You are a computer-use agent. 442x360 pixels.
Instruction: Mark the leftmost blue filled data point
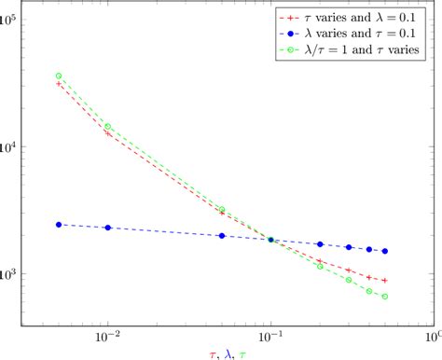coord(59,225)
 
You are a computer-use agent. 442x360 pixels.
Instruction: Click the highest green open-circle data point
coord(59,76)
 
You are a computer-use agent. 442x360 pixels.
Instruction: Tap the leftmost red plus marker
coord(59,84)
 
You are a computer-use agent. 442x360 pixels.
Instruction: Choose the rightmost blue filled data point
coord(385,251)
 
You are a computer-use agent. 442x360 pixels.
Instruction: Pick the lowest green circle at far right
coord(385,297)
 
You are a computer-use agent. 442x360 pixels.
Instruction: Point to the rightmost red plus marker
coord(385,281)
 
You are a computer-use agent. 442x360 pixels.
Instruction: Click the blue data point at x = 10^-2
coord(108,228)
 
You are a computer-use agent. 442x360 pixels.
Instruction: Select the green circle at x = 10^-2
coord(108,126)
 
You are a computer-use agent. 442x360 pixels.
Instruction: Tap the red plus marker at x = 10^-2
coord(108,133)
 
